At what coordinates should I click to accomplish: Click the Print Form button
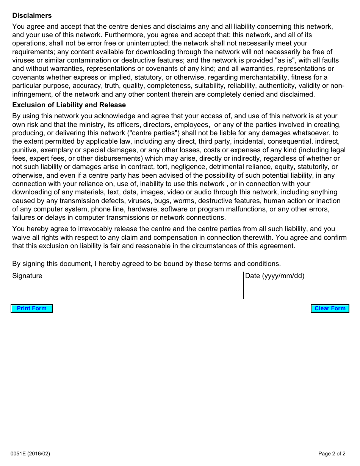pos(31,308)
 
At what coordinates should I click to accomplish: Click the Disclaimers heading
pos(32,16)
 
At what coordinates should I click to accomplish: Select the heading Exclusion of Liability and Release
pos(69,105)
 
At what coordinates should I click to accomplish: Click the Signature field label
pos(27,276)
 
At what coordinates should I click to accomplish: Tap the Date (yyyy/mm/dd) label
pos(275,276)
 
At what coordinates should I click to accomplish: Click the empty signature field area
pos(127,290)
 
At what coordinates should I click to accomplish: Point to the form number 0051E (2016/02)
pos(31,453)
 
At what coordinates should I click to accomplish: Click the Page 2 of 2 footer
pos(332,453)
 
